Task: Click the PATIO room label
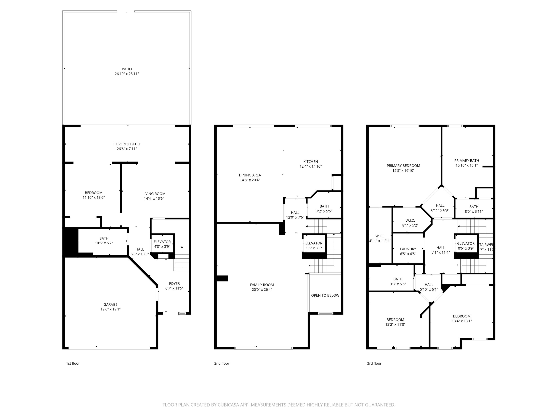(x=127, y=69)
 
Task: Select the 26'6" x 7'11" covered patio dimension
(x=127, y=149)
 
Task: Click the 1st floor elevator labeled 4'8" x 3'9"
(x=162, y=244)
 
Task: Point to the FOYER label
(x=174, y=283)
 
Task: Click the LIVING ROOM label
(x=154, y=194)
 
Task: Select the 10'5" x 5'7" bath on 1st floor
(x=104, y=241)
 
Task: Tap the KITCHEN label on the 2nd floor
(x=311, y=162)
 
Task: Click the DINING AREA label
(x=250, y=175)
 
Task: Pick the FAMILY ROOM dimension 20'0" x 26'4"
(x=262, y=290)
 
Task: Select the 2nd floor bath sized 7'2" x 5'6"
(x=324, y=209)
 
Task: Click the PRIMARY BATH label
(x=466, y=161)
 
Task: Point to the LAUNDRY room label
(x=408, y=249)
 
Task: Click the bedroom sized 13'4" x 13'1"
(x=462, y=319)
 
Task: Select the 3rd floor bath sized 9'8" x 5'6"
(x=398, y=281)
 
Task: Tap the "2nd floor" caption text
(x=222, y=364)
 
